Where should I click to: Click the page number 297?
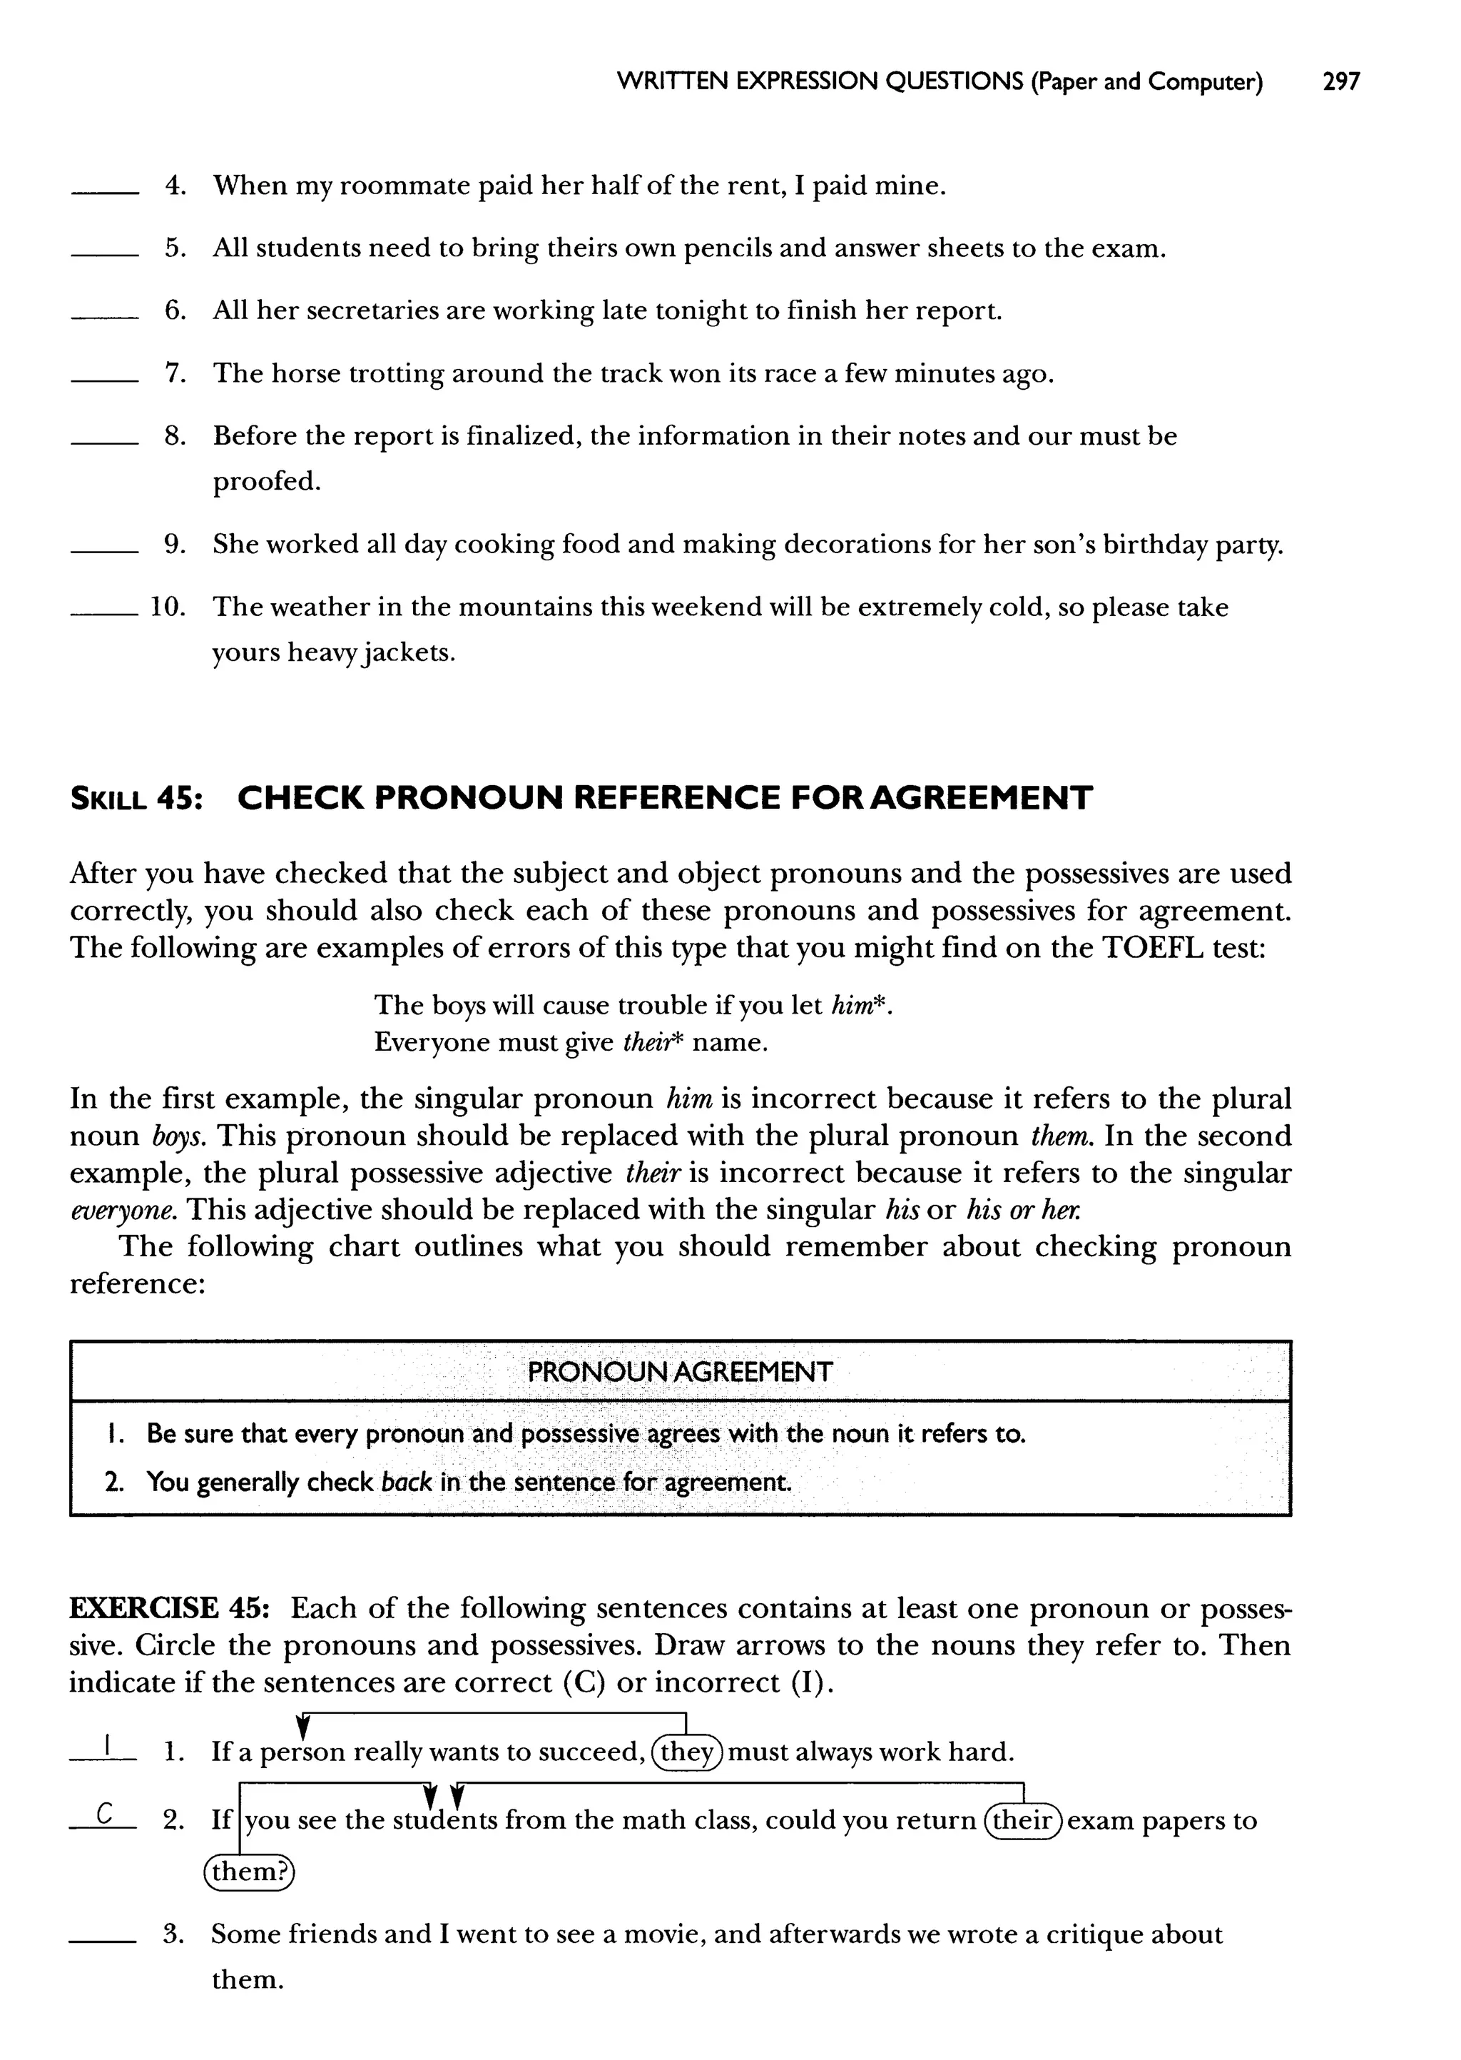1340,82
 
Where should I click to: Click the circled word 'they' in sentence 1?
687,1752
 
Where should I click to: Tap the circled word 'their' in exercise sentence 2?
1024,1821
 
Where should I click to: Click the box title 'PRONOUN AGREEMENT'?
679,1373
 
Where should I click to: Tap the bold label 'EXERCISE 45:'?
176,1608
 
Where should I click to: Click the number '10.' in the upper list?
168,607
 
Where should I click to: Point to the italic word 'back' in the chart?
406,1483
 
